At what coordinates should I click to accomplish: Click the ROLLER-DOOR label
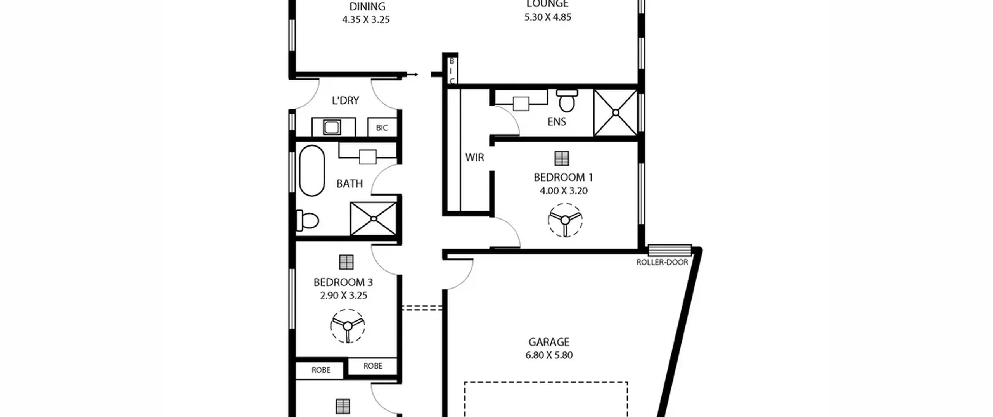click(662, 262)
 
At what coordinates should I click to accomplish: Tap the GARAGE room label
click(549, 342)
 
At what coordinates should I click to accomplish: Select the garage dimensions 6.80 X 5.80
click(549, 355)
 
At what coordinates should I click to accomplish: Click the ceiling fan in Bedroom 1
click(565, 220)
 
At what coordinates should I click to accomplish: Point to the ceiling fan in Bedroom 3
click(348, 326)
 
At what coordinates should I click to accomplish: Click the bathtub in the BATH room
click(312, 171)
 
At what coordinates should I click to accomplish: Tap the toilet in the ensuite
click(567, 100)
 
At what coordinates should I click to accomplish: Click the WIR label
click(475, 157)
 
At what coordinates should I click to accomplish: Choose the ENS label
click(557, 122)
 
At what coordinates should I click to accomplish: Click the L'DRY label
click(345, 100)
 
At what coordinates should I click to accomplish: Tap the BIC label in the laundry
click(382, 128)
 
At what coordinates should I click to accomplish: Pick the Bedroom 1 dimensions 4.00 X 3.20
click(564, 191)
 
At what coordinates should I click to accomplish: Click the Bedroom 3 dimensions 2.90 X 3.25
click(344, 296)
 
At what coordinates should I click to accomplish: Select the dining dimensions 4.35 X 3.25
click(366, 20)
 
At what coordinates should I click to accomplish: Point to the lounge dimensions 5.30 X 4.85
click(548, 17)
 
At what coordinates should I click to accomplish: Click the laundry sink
click(332, 127)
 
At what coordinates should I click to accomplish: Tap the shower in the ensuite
click(616, 112)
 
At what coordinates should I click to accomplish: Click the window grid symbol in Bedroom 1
click(562, 158)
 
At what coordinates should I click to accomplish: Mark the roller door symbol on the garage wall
click(670, 250)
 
